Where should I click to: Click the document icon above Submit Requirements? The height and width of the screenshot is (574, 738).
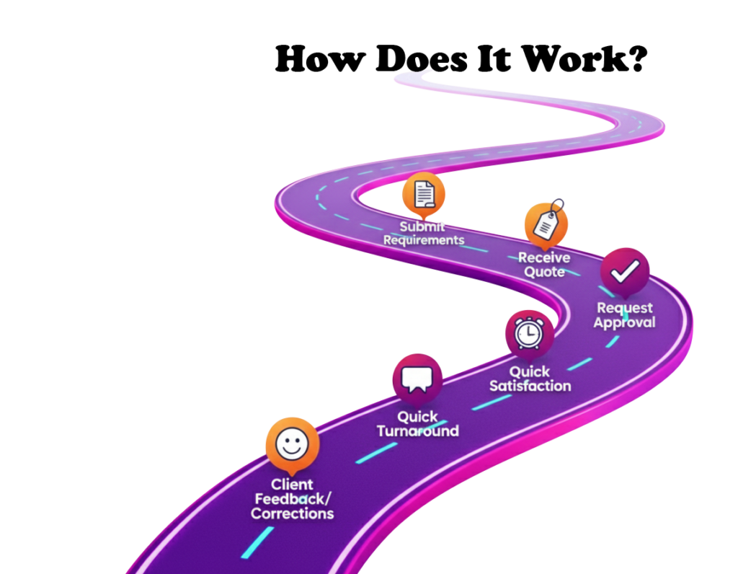point(424,193)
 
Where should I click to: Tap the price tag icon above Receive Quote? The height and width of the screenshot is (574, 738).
point(546,224)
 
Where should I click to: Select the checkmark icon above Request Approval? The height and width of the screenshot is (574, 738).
point(625,271)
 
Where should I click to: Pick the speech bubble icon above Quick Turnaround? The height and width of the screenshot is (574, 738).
point(417,379)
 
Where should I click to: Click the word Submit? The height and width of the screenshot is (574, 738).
point(423,226)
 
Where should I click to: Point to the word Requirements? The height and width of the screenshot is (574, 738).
point(424,240)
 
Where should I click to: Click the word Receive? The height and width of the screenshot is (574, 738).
point(543,257)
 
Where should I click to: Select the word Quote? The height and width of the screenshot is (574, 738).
point(544,272)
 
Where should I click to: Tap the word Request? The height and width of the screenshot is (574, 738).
point(624,308)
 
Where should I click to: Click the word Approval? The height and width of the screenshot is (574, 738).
point(624,322)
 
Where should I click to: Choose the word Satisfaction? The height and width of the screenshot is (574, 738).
point(530,387)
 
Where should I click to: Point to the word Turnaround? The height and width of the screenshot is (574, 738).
point(417,431)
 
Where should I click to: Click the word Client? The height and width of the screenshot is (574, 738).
point(292,485)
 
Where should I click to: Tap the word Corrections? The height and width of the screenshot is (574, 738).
point(292,513)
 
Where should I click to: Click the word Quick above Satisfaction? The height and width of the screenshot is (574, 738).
point(530,372)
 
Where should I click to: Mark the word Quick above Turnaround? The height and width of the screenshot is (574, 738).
point(417,417)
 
